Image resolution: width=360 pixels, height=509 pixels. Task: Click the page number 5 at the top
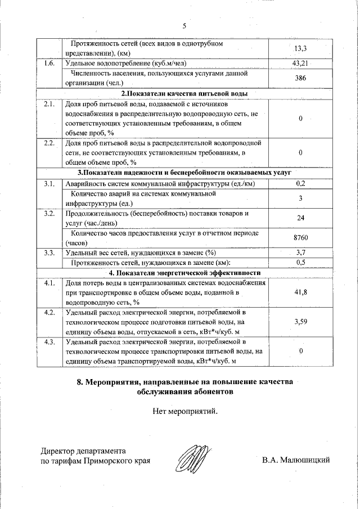(x=184, y=25)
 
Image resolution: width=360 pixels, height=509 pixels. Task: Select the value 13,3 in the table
(x=300, y=48)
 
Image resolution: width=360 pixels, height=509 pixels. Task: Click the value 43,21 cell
(x=300, y=64)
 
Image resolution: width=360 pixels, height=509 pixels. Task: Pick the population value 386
(x=300, y=78)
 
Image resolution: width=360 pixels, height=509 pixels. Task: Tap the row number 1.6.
(x=49, y=64)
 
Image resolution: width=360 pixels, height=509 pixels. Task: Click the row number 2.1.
(x=49, y=105)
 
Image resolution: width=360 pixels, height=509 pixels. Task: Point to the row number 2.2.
(x=49, y=143)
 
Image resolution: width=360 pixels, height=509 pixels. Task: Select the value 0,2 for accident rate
(x=300, y=183)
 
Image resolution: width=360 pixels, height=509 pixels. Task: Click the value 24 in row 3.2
(x=300, y=219)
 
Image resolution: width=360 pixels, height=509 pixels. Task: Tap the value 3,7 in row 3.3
(x=300, y=253)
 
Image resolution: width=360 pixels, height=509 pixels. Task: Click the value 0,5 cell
(x=300, y=263)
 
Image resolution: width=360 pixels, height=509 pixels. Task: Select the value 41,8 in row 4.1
(x=300, y=292)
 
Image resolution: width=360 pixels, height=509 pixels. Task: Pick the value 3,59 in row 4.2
(x=300, y=322)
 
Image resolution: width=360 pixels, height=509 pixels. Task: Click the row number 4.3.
(x=49, y=342)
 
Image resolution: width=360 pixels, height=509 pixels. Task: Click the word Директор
(x=60, y=451)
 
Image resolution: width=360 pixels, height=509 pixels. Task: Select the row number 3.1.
(x=49, y=184)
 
